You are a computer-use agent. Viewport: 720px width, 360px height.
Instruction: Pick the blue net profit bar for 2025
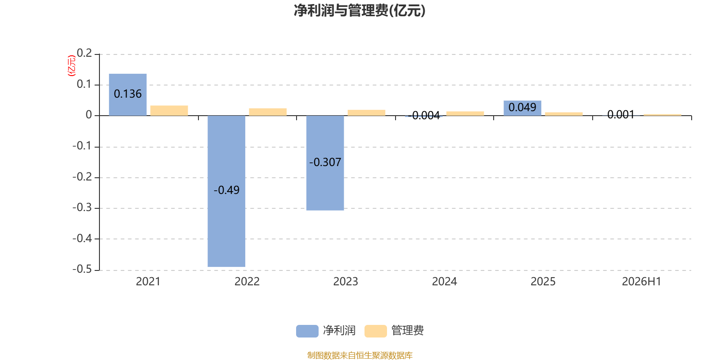(522, 108)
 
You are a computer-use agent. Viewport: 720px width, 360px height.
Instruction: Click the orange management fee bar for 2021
(169, 111)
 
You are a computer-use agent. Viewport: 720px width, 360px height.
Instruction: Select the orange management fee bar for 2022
(268, 112)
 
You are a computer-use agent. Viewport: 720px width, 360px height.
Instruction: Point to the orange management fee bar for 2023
(366, 112)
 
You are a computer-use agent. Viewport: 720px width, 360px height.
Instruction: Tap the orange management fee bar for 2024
(465, 113)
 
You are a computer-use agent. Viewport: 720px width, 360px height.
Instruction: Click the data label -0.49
(227, 190)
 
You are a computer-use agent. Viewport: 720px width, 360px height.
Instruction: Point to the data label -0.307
(325, 162)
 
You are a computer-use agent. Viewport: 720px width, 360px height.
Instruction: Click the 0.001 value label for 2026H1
(621, 115)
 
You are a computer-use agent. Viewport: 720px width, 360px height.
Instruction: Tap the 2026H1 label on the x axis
(642, 282)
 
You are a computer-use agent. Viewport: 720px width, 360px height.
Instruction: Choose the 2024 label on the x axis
(444, 282)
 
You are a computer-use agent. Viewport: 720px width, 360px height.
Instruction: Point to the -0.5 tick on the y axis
(82, 270)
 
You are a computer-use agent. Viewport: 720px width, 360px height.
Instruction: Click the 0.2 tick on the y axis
(84, 53)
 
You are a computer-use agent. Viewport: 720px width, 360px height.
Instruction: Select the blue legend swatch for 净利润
(307, 331)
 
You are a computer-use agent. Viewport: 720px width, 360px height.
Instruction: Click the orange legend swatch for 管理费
(375, 331)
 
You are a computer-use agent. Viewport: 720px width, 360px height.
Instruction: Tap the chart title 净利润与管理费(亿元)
(360, 11)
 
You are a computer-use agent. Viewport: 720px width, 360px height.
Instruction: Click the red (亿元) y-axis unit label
(72, 66)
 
